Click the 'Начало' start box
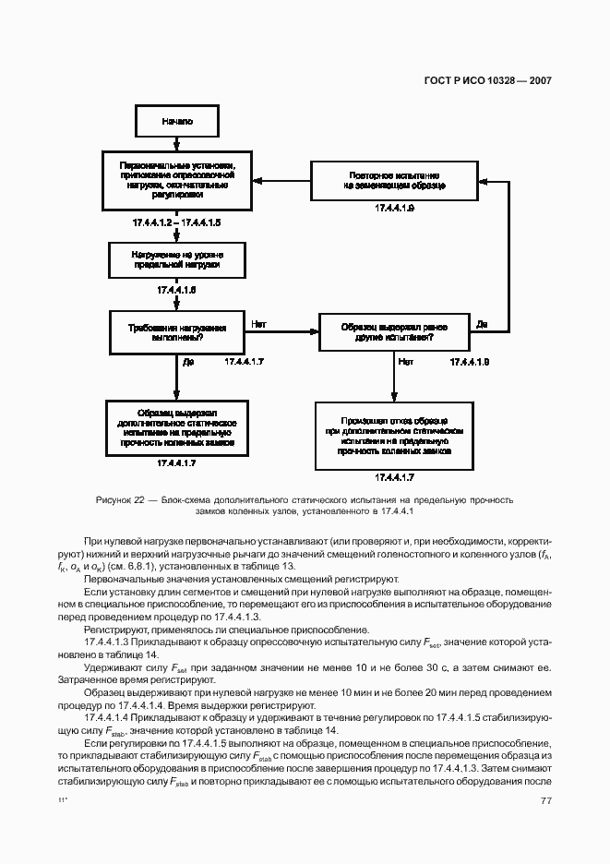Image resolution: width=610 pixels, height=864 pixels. point(176,121)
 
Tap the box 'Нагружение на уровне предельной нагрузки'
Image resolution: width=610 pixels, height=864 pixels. point(176,258)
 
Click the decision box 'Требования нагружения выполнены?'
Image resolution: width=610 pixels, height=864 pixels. point(176,332)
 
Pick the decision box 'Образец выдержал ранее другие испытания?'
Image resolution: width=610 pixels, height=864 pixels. point(395,332)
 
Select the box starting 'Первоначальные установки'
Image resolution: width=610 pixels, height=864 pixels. point(176,178)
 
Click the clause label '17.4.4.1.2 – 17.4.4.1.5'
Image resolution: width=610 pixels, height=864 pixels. point(176,223)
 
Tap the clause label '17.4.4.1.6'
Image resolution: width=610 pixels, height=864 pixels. point(176,290)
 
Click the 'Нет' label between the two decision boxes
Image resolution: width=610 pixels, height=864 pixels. point(259,324)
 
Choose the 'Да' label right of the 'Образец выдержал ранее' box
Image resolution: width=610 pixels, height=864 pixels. point(482,324)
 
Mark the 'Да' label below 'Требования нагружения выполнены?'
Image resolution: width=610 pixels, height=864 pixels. point(188,363)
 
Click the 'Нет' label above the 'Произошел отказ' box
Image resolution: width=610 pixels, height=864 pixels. point(406,363)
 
